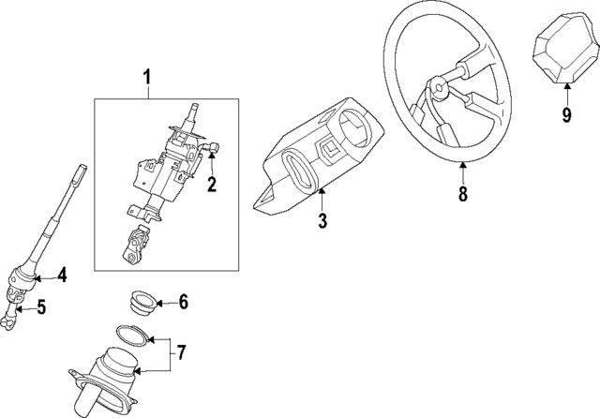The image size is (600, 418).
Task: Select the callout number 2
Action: tap(212, 185)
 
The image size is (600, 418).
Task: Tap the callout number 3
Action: tap(322, 221)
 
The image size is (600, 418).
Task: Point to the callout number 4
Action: tap(61, 275)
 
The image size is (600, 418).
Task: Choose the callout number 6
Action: tap(183, 302)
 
